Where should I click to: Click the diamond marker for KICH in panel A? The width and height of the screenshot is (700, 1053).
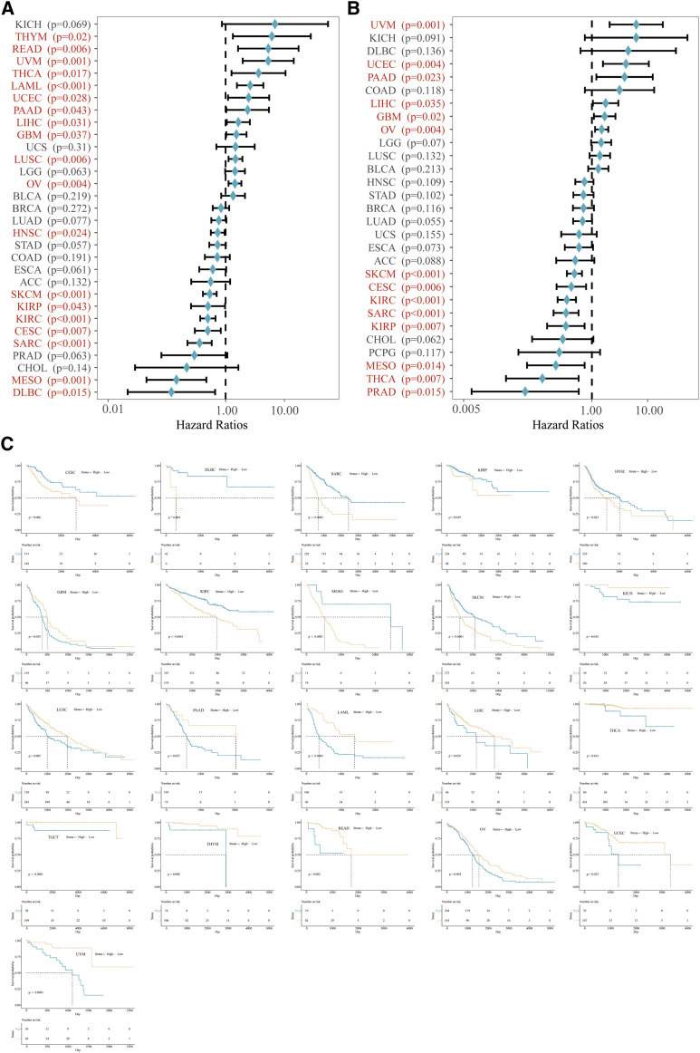point(275,24)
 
